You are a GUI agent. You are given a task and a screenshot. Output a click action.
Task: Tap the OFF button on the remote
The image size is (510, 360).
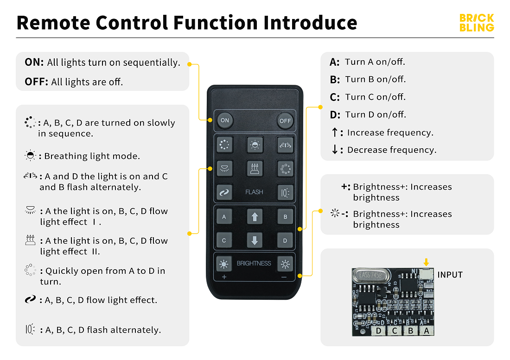tap(285, 120)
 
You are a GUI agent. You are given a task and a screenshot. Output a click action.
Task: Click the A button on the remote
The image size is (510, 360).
tap(224, 216)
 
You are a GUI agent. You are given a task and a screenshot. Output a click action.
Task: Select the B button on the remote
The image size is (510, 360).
tap(285, 216)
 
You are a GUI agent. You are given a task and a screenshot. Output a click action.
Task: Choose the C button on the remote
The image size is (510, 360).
tap(224, 240)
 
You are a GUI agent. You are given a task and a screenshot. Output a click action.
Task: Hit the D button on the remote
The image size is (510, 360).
tap(285, 240)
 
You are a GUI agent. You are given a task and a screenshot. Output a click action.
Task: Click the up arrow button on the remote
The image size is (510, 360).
tap(255, 216)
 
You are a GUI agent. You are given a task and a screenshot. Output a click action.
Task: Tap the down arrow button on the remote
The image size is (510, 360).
tap(255, 240)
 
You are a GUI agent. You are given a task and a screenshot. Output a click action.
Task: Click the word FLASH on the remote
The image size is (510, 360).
tap(254, 192)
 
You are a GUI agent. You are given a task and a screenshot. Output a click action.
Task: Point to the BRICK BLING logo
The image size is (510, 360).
tap(477, 23)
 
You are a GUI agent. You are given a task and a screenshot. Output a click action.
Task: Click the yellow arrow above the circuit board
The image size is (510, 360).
tap(426, 262)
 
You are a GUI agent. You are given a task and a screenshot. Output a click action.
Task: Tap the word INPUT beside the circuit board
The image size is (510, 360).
tap(450, 275)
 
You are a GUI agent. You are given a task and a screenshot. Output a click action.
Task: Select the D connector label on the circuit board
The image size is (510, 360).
tap(379, 330)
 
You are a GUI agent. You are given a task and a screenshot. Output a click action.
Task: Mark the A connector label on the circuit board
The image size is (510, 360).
tap(427, 330)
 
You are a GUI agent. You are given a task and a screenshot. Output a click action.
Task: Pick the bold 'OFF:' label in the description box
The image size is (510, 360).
tap(36, 82)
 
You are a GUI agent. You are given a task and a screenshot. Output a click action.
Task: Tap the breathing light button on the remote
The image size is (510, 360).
tap(255, 145)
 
